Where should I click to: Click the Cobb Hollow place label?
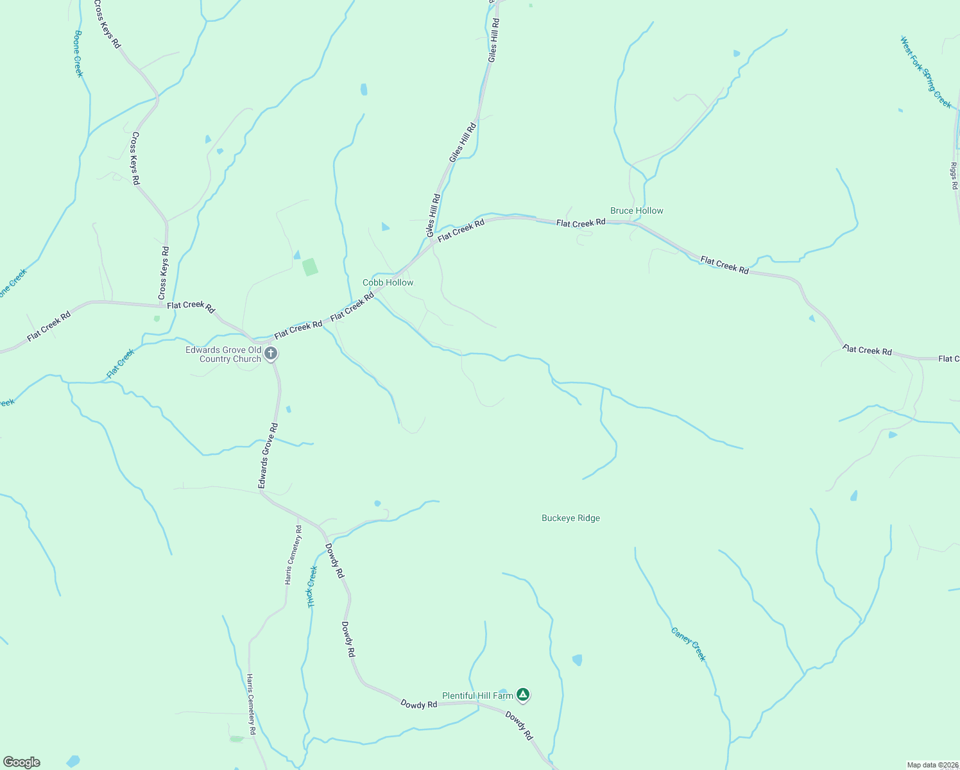click(388, 282)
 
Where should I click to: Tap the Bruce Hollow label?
click(637, 210)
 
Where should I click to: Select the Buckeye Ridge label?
click(570, 518)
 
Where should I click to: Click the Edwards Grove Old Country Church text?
click(223, 354)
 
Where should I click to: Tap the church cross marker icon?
click(271, 354)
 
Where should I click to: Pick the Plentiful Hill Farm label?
click(477, 696)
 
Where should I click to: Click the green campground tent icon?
click(523, 694)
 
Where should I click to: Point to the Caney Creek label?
click(689, 644)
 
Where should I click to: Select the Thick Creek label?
click(313, 586)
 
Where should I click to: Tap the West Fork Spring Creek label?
click(925, 72)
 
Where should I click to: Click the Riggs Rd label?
click(954, 176)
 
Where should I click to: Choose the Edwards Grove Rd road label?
click(268, 456)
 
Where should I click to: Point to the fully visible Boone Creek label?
click(78, 54)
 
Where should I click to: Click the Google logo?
click(21, 762)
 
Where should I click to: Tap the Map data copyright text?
click(932, 765)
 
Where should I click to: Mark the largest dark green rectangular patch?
click(310, 267)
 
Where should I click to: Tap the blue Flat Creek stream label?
click(121, 364)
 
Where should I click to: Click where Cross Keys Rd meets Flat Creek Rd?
click(160, 303)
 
